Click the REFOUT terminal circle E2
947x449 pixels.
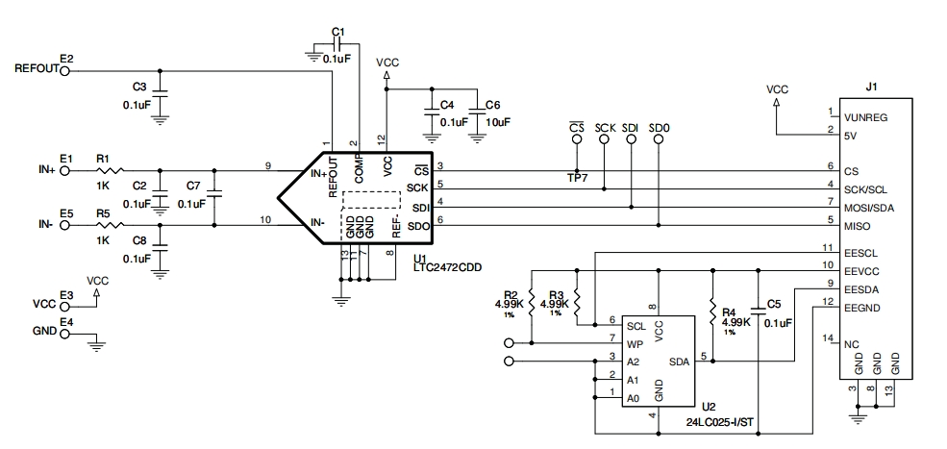tap(65, 71)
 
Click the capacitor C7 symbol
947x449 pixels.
tap(214, 194)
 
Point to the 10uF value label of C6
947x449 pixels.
tap(498, 121)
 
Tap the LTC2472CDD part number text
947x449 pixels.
tap(448, 267)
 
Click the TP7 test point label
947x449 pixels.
tap(577, 180)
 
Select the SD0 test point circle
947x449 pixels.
tap(659, 139)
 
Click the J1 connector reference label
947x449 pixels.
tap(871, 87)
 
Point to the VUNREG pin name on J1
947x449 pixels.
tap(866, 118)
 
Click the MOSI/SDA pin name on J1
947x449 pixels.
tap(869, 209)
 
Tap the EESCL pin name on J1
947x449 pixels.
tap(861, 253)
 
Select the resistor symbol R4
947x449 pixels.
tap(712, 309)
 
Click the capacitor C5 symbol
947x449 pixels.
tap(758, 310)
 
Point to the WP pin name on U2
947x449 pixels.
tap(634, 344)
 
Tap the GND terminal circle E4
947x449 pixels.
tap(65, 332)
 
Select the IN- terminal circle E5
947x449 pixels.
tap(65, 225)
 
